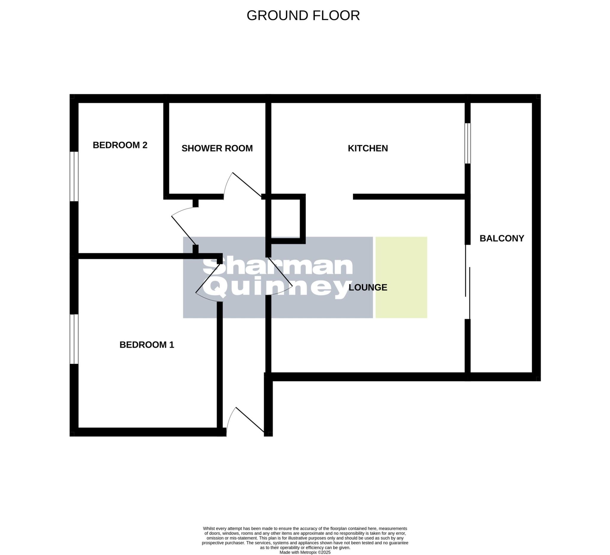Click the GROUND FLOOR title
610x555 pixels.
pos(303,15)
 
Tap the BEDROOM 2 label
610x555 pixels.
pos(120,145)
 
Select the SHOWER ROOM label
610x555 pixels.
pos(217,148)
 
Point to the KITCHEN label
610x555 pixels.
pos(368,148)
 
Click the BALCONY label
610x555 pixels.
pos(502,238)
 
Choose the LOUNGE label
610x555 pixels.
pos(368,287)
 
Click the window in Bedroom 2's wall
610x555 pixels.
pos(74,176)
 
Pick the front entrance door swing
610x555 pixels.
pos(245,421)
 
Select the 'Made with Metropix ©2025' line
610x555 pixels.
pos(305,552)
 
